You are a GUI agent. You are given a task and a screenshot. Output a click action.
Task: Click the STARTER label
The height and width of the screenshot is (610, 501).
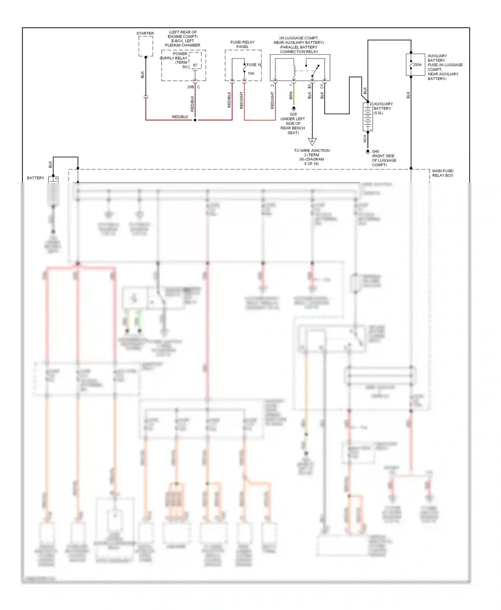pyautogui.click(x=145, y=33)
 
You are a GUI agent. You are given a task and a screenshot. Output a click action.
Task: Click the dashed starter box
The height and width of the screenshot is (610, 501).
pyautogui.click(x=146, y=46)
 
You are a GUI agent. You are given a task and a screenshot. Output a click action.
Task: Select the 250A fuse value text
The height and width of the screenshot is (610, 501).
pyautogui.click(x=417, y=65)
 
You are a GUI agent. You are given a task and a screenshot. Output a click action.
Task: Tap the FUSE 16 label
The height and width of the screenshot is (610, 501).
pyautogui.click(x=254, y=65)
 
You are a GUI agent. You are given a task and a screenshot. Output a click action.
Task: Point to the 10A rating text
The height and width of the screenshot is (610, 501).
pyautogui.click(x=251, y=73)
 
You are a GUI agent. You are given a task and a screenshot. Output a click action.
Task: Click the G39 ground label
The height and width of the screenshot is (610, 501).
pyautogui.click(x=293, y=114)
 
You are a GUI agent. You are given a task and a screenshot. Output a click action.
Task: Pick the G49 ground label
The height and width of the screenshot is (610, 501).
pyautogui.click(x=375, y=151)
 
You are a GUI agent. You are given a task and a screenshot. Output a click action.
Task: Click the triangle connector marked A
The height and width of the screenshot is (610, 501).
pyautogui.click(x=312, y=142)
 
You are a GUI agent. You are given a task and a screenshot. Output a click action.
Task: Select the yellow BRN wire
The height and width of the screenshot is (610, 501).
pyautogui.click(x=294, y=97)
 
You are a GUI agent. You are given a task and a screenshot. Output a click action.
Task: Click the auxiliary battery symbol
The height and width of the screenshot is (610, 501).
pyautogui.click(x=368, y=117)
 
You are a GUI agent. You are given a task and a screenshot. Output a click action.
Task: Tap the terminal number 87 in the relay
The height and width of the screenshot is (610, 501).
pyautogui.click(x=195, y=65)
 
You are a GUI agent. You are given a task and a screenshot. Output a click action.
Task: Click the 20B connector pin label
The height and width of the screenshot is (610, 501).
pyautogui.click(x=190, y=87)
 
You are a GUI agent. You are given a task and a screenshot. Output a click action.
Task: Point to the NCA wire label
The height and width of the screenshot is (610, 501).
pyautogui.click(x=365, y=138)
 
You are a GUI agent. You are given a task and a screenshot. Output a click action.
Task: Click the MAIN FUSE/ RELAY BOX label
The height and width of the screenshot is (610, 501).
pyautogui.click(x=443, y=173)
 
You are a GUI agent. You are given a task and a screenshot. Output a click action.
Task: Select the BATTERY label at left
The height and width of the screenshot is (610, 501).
pyautogui.click(x=35, y=178)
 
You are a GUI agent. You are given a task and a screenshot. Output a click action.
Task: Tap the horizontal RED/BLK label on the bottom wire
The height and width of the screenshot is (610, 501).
pyautogui.click(x=180, y=117)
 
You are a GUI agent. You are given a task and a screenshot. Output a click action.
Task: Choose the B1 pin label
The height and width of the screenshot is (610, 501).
pyautogui.click(x=310, y=86)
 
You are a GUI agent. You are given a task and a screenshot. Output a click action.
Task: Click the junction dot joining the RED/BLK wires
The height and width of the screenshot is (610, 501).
pyautogui.click(x=195, y=120)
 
